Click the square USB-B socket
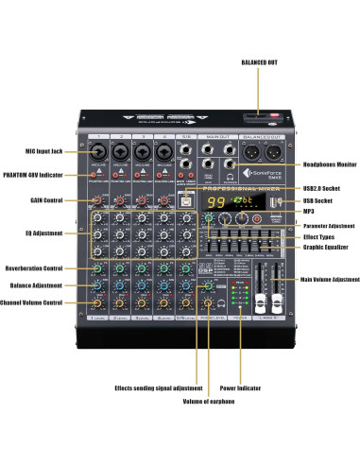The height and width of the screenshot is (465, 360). click(x=187, y=199)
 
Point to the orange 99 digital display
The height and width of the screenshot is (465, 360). click(x=217, y=203)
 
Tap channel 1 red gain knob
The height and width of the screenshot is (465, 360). click(x=98, y=199)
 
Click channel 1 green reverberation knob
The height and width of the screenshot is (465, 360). click(x=98, y=269)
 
